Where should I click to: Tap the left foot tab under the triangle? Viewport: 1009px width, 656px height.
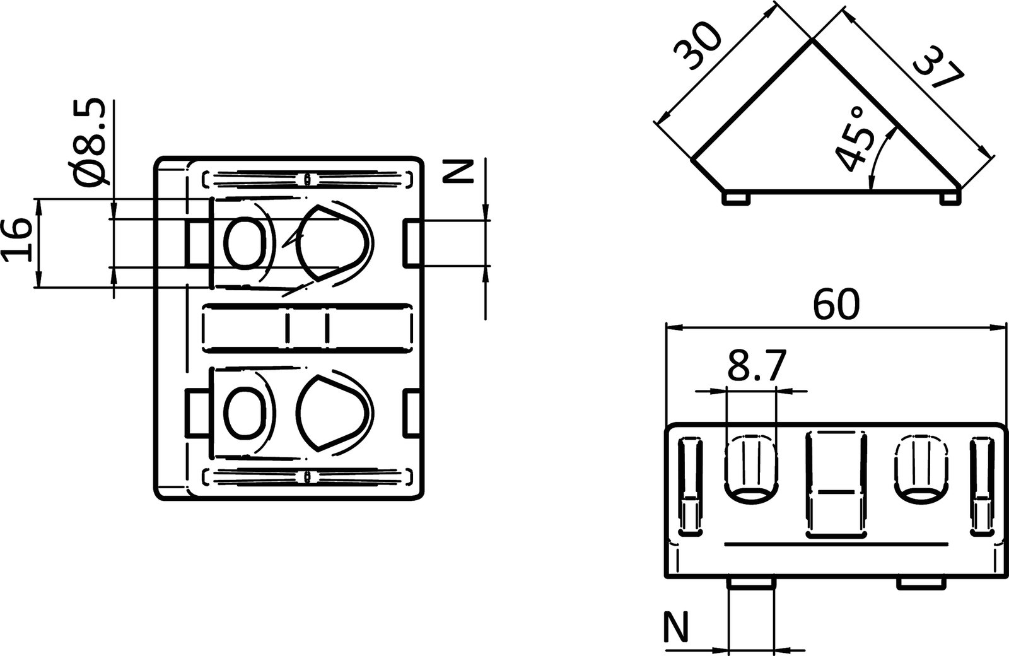[x=735, y=198]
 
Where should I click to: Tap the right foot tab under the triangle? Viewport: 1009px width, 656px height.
[x=948, y=199]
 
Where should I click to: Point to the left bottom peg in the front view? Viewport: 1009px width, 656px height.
[x=750, y=583]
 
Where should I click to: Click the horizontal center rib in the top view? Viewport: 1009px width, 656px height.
[x=309, y=327]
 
